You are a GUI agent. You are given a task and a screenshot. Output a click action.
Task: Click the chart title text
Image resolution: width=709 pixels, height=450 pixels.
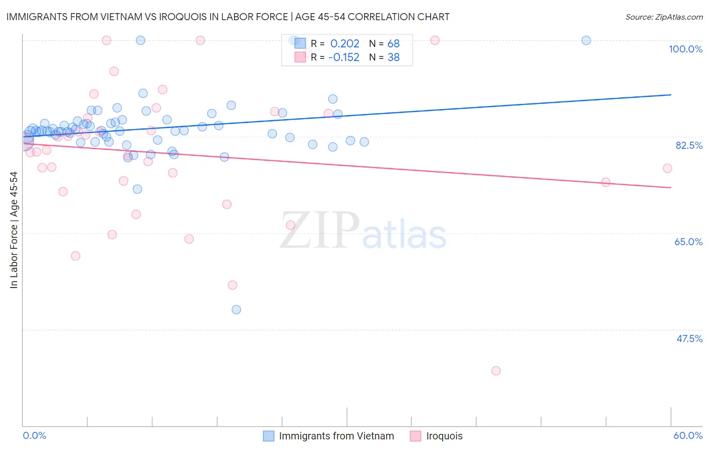[228, 17]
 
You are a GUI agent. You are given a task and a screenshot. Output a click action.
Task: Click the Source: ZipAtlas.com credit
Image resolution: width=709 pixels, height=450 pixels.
[664, 17]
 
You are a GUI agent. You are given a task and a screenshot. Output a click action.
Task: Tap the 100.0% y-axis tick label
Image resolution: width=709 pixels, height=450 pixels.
[685, 49]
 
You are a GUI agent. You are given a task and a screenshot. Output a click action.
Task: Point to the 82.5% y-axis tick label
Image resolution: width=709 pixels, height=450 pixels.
[689, 145]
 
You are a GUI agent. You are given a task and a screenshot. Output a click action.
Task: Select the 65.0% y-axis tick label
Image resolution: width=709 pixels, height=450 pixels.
[688, 242]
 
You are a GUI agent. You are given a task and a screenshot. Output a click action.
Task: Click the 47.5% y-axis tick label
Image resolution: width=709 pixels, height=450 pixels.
[689, 339]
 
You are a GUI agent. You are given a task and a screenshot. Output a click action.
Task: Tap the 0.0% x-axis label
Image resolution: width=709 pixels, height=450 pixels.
[35, 435]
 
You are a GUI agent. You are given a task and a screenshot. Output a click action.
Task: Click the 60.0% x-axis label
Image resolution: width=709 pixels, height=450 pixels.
[688, 435]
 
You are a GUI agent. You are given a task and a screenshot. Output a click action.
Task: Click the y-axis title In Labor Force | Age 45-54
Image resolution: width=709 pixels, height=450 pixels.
[14, 230]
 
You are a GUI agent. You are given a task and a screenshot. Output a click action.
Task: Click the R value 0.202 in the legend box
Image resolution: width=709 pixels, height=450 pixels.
[345, 44]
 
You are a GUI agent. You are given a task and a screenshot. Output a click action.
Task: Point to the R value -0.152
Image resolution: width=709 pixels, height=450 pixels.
[344, 58]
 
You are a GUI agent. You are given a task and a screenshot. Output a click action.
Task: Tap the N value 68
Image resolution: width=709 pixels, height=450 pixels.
[393, 44]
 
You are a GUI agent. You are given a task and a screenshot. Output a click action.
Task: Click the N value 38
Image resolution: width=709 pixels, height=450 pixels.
[393, 58]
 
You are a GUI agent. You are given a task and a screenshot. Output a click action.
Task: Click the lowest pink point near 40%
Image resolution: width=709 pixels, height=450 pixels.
[496, 371]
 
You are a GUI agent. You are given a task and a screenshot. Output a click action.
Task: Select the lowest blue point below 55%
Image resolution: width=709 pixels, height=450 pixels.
[236, 310]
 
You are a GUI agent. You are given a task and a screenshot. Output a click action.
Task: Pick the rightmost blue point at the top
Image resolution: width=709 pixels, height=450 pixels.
[586, 40]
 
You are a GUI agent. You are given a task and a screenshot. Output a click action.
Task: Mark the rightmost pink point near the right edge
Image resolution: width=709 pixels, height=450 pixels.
[667, 168]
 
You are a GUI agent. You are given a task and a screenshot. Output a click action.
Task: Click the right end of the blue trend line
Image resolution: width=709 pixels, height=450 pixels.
[671, 95]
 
